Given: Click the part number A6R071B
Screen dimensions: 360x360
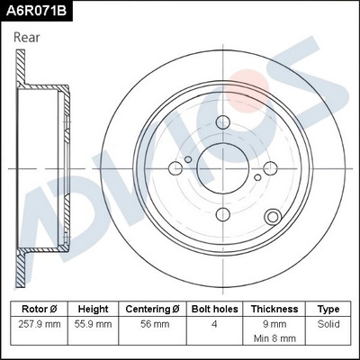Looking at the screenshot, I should tap(35, 10).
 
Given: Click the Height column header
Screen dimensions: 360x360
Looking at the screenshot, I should tap(94, 309).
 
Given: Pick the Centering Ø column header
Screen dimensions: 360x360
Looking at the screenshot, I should tap(153, 309).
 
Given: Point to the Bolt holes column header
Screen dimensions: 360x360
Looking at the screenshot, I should tap(215, 309).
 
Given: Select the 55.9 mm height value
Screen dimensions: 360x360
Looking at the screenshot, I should tap(94, 323).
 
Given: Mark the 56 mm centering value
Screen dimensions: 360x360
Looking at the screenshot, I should tap(153, 323).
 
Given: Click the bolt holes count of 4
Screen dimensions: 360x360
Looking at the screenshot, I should tap(215, 323).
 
